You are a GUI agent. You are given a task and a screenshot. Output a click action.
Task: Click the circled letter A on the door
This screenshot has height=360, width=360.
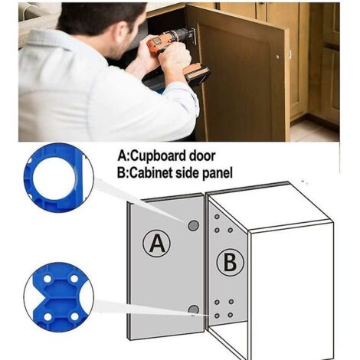coord(156,243)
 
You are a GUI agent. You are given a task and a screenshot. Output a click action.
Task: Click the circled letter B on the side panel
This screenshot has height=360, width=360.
coord(230,262)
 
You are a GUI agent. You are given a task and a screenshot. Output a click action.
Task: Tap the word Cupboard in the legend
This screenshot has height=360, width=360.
coord(159,156)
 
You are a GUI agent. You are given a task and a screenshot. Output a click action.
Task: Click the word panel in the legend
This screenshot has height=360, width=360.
coord(218,173)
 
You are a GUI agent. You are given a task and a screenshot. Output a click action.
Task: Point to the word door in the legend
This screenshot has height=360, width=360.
coord(202,155)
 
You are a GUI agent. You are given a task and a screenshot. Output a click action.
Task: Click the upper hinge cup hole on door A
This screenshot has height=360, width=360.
coord(193,225)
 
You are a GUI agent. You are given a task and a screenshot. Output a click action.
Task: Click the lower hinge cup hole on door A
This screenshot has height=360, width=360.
coord(194,309)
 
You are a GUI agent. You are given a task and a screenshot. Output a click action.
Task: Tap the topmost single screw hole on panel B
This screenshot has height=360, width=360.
coord(217,217)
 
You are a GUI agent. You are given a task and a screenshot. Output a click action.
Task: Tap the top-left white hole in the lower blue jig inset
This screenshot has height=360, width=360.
coord(47,278)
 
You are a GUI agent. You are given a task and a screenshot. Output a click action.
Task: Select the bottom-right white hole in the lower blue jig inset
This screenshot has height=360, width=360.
coord(74,317)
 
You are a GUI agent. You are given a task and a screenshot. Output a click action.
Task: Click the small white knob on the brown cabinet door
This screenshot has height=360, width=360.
coord(278,57)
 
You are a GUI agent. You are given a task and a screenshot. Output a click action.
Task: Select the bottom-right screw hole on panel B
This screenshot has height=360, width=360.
coord(231,315)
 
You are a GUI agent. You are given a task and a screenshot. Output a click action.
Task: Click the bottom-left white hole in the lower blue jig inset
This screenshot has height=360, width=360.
coord(47,317)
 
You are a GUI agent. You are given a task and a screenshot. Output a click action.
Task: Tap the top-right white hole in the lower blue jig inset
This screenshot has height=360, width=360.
coord(74,278)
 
